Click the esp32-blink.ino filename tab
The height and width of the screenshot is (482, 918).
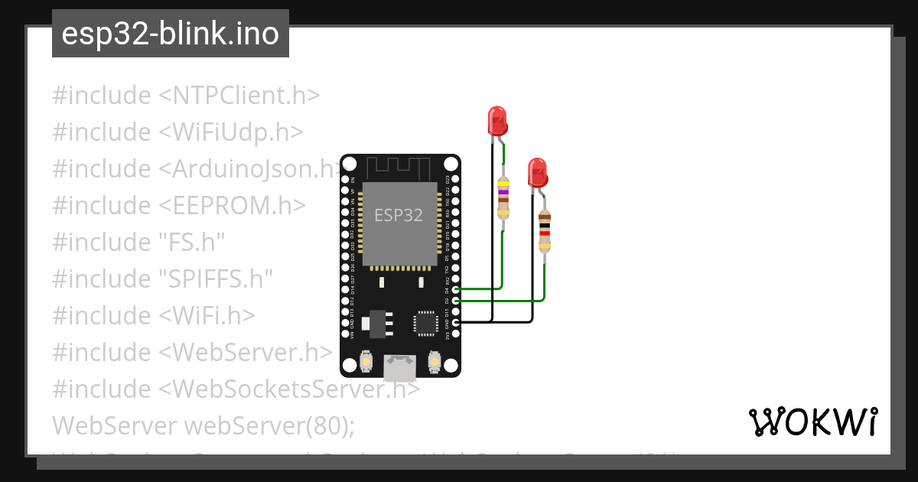170,34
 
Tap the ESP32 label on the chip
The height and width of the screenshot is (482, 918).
398,215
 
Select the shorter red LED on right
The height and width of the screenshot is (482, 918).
538,172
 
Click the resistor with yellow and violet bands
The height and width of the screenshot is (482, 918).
503,197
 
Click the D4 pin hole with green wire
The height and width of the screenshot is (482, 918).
456,290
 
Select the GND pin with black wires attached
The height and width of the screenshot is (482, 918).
456,323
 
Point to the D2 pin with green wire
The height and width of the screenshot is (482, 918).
456,301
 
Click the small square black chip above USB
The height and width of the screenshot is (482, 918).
425,323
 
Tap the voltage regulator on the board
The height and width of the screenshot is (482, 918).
378,323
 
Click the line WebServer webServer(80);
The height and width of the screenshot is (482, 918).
203,425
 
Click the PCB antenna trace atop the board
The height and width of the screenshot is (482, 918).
400,167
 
